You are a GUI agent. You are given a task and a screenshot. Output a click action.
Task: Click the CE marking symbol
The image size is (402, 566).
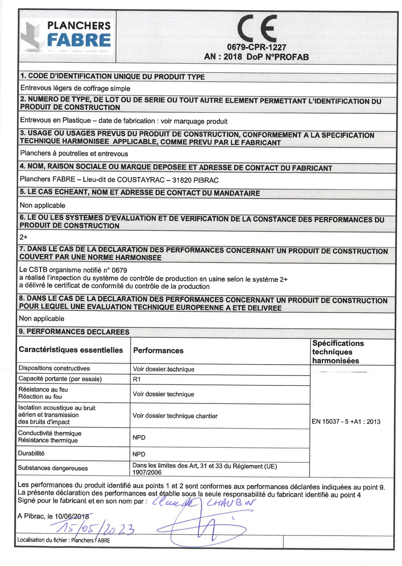[x=256, y=29]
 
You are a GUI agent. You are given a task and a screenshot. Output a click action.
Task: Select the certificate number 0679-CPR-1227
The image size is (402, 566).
[x=256, y=47]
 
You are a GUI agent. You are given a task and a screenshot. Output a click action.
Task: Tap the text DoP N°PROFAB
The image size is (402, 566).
[x=278, y=57]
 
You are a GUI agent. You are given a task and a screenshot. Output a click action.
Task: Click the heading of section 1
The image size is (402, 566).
[x=112, y=77]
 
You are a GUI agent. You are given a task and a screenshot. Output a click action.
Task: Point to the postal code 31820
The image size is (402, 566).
[x=182, y=180]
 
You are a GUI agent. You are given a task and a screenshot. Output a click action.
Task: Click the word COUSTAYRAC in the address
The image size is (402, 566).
[x=141, y=180]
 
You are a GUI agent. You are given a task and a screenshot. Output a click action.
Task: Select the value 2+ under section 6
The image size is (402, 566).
[x=23, y=237]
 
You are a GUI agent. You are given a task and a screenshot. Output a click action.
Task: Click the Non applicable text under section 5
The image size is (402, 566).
[x=42, y=205]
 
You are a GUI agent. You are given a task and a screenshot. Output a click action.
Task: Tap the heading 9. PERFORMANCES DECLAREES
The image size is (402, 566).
[x=74, y=332]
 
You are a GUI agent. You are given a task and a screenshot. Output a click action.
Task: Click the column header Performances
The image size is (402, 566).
[x=158, y=351]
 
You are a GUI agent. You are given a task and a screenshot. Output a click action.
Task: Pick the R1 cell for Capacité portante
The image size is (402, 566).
[x=137, y=379]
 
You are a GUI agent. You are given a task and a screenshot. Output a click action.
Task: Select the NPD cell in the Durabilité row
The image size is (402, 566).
[x=139, y=454]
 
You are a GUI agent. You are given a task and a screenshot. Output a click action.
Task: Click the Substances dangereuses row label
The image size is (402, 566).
[x=53, y=468]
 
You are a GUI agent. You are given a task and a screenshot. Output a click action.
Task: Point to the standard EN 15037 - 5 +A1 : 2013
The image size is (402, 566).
[x=346, y=422]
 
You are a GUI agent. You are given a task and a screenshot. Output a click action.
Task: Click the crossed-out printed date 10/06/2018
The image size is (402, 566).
[x=72, y=516]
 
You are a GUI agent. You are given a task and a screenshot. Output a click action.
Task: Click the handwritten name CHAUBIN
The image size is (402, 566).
[x=231, y=503]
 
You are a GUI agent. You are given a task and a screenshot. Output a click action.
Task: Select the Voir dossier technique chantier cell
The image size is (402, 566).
[x=175, y=416]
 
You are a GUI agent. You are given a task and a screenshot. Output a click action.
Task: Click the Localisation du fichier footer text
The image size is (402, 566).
[x=63, y=540]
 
